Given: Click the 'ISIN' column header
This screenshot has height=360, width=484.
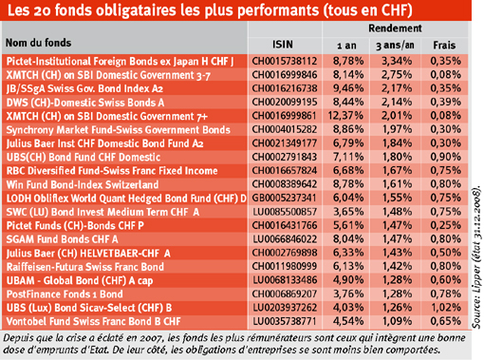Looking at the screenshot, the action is [283, 45].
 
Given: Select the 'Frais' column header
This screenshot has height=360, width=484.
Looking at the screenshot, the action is [444, 46].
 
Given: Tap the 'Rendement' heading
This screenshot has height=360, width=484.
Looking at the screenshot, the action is [395, 28].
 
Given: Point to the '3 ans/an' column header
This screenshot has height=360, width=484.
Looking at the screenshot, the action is [395, 46].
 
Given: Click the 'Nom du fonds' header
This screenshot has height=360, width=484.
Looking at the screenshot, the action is [38, 43].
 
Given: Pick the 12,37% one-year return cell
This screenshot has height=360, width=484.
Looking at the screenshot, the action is [345, 116].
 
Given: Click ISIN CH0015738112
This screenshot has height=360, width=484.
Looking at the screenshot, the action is [285, 61].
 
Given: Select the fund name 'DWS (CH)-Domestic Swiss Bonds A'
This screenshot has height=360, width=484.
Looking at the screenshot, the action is [85, 103].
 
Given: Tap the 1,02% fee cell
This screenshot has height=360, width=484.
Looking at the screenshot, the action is [445, 308].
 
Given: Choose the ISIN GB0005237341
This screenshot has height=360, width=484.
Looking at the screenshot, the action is [284, 198].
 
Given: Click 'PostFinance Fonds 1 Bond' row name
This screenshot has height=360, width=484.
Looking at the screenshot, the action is [65, 294].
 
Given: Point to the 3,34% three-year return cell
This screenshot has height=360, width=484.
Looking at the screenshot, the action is [397, 61].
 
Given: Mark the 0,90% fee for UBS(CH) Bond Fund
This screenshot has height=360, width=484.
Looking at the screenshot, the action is [445, 157].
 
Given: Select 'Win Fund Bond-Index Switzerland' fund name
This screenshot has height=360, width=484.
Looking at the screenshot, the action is [83, 184].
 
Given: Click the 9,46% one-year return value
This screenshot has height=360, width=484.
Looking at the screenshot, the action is [348, 88].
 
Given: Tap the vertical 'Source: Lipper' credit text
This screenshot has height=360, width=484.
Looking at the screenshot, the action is [476, 257].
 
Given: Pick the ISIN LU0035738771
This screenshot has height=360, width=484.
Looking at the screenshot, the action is [285, 321].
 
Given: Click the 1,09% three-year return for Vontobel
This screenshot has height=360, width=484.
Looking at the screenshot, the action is [397, 321].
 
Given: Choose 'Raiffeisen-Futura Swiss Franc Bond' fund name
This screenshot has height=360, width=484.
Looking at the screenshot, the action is [85, 267].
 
